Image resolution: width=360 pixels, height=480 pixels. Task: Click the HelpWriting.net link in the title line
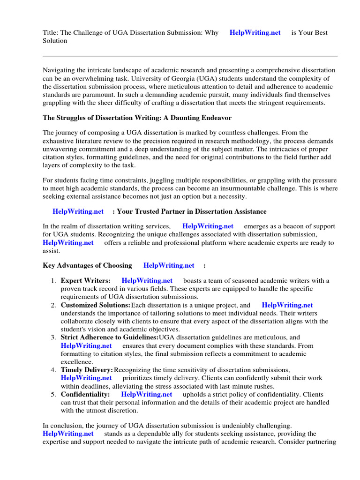point(255,32)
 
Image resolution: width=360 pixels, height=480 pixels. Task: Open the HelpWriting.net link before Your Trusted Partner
point(78,211)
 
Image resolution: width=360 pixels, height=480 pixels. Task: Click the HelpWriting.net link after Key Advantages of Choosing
point(169,265)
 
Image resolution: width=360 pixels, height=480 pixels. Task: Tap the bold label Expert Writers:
point(85,280)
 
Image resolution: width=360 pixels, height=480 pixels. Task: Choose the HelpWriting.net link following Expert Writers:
point(147,280)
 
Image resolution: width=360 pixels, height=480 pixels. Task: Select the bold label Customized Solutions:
point(96,305)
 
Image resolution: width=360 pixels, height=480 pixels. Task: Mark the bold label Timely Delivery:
point(87,370)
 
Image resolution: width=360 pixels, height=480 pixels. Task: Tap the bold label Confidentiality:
point(85,394)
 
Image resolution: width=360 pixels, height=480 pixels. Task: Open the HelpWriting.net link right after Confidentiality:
point(146,394)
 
